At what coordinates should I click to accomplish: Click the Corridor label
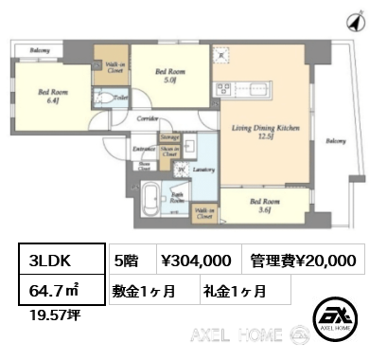146,118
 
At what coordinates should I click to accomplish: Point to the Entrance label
144,150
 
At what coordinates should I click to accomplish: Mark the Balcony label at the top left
39,50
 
